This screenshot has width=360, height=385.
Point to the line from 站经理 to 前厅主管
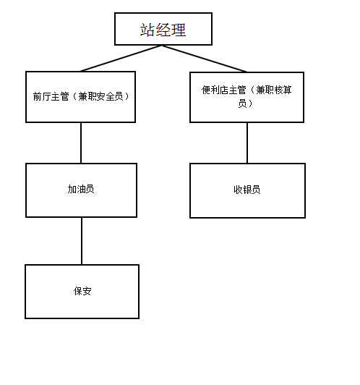pos(121,58)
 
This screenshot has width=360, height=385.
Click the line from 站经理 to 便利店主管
pos(205,59)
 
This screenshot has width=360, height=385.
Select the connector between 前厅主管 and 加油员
pos(81,143)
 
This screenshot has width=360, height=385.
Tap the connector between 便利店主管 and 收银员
pos(247,143)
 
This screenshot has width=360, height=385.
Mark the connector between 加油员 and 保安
pos(82,241)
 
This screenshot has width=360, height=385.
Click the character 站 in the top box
pos(147,30)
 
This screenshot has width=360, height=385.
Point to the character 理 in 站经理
pos(179,30)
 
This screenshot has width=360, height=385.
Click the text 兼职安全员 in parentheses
pos(100,96)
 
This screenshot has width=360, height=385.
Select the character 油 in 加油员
pos(81,189)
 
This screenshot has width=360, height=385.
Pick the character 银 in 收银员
pos(247,190)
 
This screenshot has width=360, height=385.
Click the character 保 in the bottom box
pos(78,291)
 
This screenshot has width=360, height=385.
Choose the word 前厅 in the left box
pos(42,96)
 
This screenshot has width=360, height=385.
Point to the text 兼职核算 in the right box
pos(274,90)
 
